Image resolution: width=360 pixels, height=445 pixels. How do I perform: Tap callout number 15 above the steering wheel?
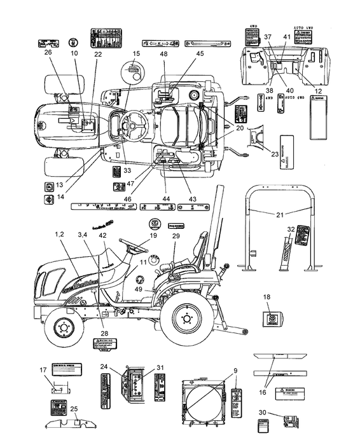136,54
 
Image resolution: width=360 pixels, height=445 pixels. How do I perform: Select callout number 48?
163,54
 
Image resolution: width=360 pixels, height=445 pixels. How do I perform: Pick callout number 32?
291,229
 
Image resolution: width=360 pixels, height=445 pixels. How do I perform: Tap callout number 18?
268,296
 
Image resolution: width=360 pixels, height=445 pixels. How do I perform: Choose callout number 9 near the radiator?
235,371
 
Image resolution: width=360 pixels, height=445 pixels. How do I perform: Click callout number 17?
44,371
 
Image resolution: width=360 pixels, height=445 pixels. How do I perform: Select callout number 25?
74,408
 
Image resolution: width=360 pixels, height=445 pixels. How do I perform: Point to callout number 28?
104,332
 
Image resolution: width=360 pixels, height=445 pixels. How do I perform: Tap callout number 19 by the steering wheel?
153,235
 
